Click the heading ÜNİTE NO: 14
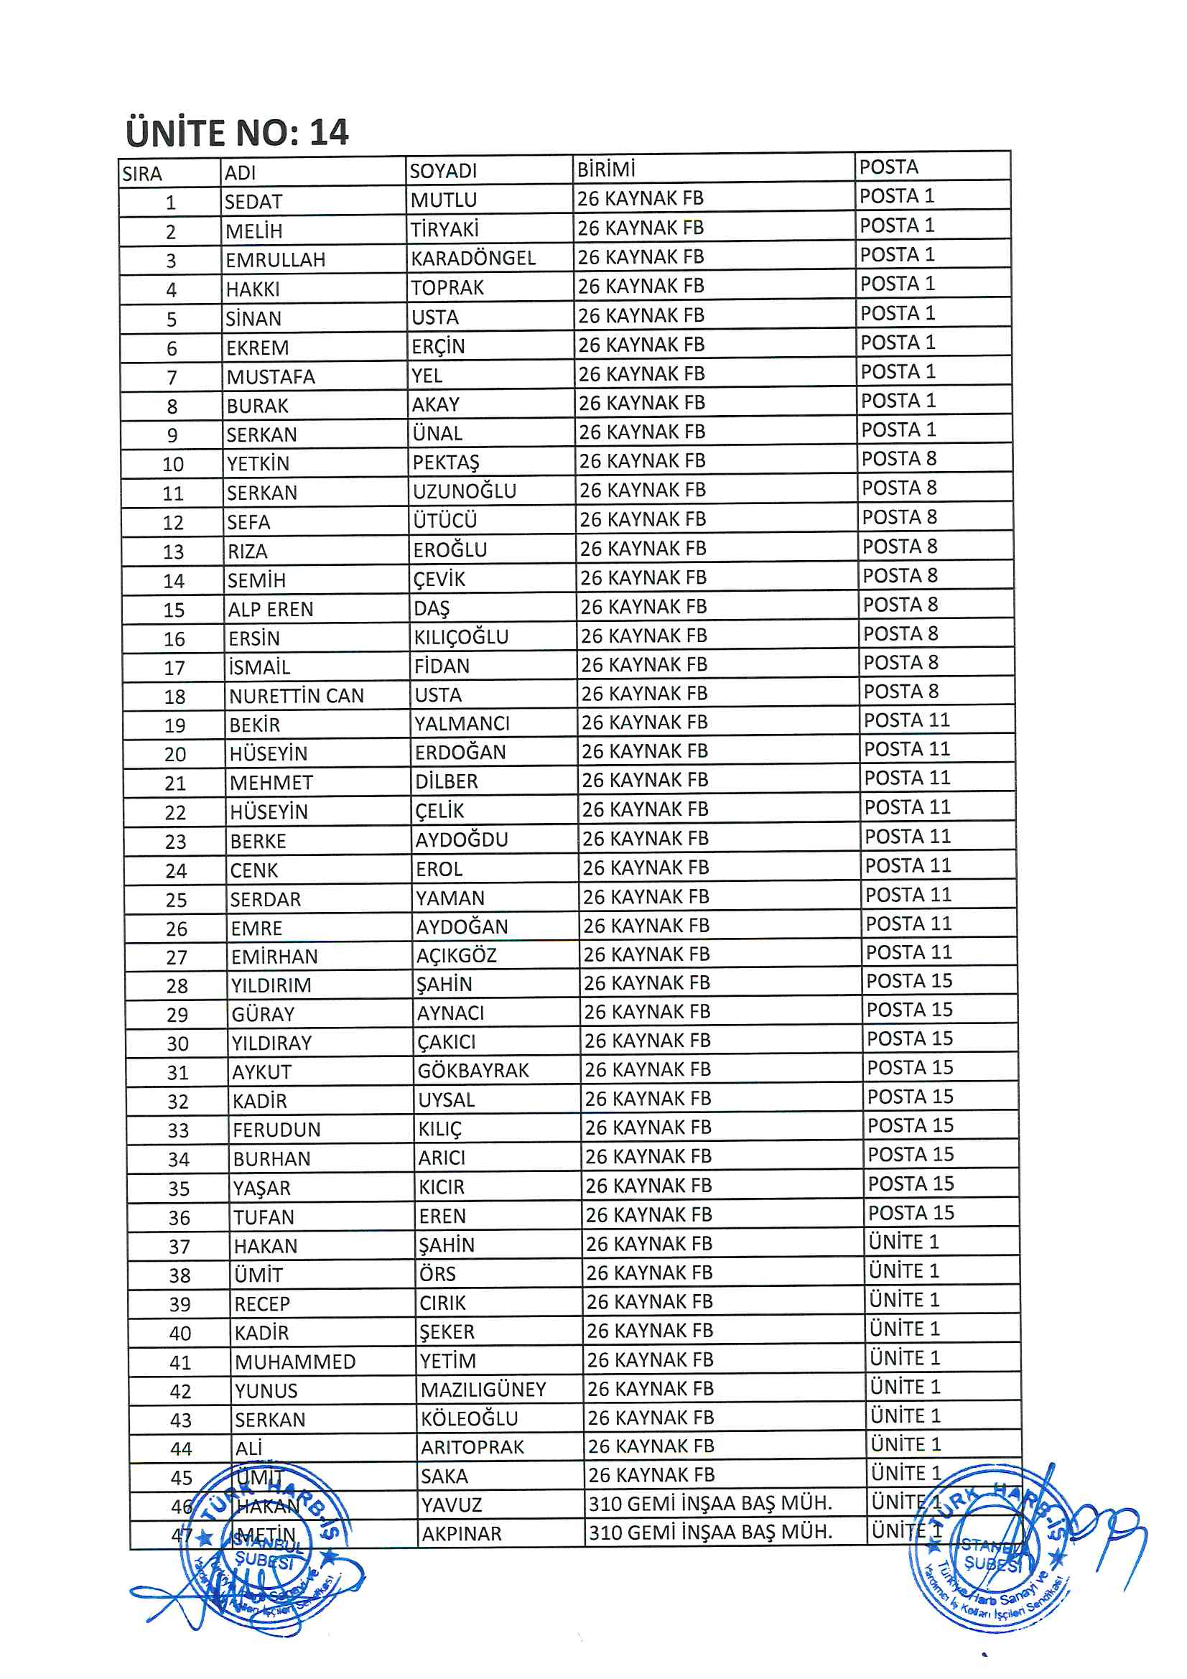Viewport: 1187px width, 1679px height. coord(237,132)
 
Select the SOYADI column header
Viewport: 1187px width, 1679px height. coord(443,171)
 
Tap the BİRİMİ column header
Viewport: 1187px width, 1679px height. coord(606,169)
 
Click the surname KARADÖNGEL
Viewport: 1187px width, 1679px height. coord(473,258)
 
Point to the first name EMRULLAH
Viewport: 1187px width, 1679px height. coord(275,259)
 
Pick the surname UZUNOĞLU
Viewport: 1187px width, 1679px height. coord(465,490)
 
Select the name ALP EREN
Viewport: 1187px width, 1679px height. coord(271,609)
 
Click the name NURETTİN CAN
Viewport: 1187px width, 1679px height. coord(296,695)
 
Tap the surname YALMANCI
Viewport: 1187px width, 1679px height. coord(462,723)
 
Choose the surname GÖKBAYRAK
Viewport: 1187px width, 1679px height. coord(473,1071)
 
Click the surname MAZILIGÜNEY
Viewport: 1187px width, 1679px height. coord(483,1389)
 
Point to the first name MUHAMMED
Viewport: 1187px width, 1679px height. coord(294,1362)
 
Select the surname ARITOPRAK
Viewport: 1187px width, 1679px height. coord(473,1446)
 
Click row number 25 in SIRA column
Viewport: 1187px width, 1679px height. coord(176,899)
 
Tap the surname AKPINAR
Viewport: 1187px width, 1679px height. coord(462,1533)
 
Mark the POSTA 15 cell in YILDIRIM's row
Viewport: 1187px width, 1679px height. coord(909,981)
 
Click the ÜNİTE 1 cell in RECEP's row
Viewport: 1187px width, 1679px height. coord(904,1300)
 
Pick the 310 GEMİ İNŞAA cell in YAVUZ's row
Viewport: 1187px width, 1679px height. coord(710,1503)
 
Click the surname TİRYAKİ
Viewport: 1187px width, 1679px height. coord(444,230)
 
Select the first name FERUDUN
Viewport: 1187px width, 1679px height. coord(276,1130)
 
